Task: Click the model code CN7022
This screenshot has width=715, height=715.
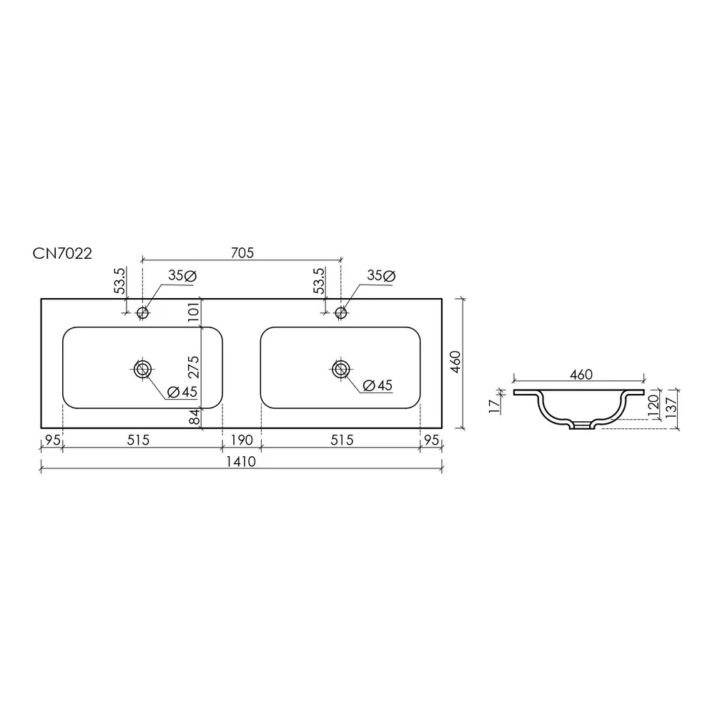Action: click(x=62, y=253)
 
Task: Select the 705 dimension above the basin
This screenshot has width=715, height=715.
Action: click(x=242, y=252)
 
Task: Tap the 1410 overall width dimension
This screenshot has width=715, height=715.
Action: click(x=241, y=461)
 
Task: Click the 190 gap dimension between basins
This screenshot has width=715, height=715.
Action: click(x=241, y=440)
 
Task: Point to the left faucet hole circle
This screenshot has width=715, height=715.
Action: click(x=143, y=313)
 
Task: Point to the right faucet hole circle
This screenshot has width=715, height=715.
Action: click(x=340, y=313)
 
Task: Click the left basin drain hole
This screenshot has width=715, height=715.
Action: click(x=143, y=369)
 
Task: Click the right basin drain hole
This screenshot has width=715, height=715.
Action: click(x=340, y=369)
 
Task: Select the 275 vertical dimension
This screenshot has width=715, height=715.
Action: click(x=193, y=367)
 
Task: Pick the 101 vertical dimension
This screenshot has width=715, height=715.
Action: click(x=193, y=312)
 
